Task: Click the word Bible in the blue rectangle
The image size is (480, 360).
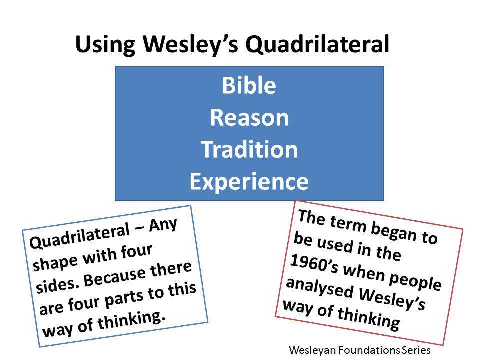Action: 249,85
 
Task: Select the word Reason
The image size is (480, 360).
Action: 249,118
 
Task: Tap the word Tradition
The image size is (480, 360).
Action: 249,149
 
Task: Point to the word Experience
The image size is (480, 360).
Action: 249,182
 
